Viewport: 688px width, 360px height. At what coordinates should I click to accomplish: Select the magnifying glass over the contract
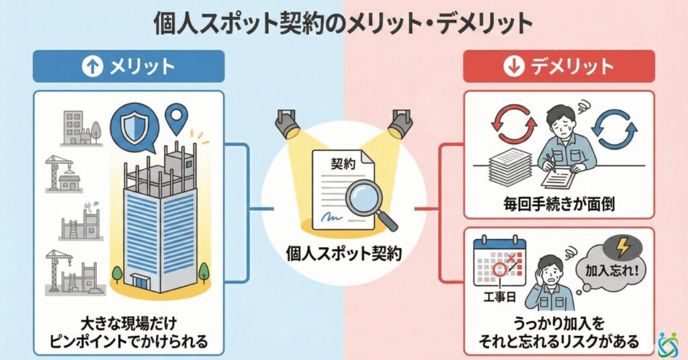(x=363, y=199)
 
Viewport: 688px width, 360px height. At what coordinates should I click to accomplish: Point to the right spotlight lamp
(x=401, y=124)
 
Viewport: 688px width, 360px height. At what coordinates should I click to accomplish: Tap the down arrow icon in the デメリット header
(x=511, y=66)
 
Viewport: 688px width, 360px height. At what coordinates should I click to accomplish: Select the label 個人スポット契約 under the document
(x=344, y=254)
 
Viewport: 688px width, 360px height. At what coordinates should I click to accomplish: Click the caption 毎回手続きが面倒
(x=559, y=203)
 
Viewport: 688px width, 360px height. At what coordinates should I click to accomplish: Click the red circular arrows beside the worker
(x=513, y=125)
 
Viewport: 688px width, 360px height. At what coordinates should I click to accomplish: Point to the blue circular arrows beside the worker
(x=617, y=131)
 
